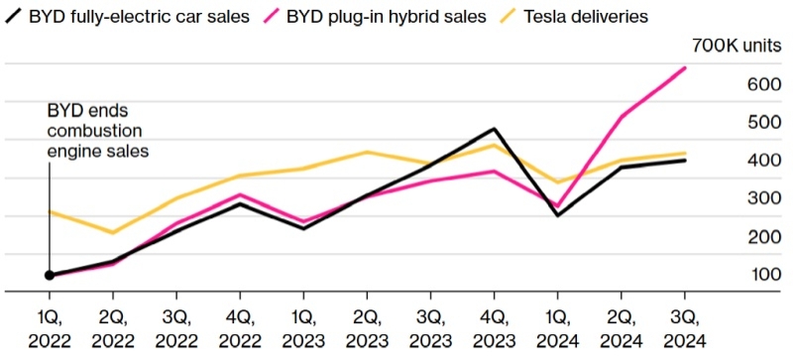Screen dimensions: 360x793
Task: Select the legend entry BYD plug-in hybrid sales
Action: pos(397,16)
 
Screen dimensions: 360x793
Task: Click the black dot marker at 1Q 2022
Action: pos(50,275)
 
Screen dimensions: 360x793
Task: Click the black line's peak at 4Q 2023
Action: pos(494,129)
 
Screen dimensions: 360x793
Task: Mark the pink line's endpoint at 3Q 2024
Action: pos(684,67)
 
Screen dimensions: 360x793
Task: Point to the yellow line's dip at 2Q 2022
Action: pos(113,233)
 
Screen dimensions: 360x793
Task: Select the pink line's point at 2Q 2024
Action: pos(621,117)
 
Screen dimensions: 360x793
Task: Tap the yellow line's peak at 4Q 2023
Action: pos(494,145)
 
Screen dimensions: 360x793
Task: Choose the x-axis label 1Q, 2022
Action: pos(50,329)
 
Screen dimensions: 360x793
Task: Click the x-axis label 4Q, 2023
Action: pos(494,329)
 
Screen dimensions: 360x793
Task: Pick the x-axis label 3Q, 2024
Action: pos(684,329)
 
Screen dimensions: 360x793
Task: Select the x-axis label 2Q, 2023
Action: pos(367,329)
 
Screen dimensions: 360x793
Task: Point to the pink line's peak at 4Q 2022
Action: pos(240,194)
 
